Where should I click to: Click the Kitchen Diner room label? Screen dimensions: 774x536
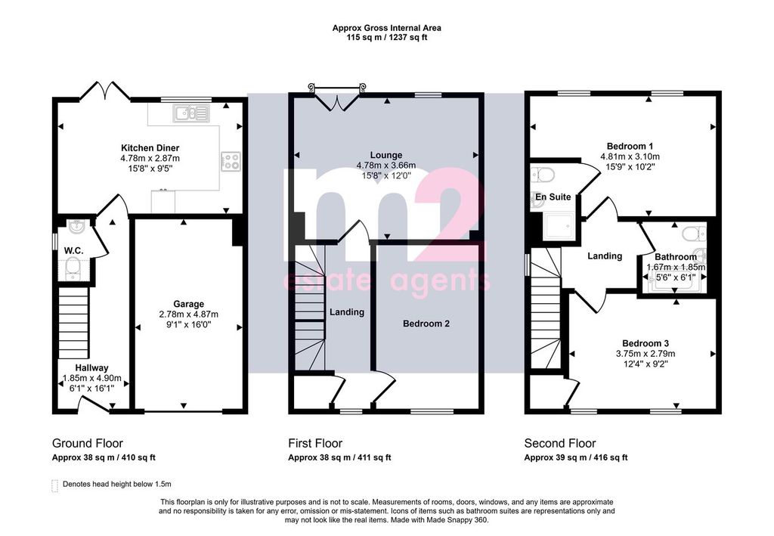pyautogui.click(x=150, y=148)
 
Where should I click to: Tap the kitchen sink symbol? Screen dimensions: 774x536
pyautogui.click(x=191, y=113)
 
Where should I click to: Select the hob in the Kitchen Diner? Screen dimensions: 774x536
pyautogui.click(x=231, y=161)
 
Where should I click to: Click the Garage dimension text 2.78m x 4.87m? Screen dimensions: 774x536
pyautogui.click(x=188, y=314)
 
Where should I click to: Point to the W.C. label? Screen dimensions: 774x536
pyautogui.click(x=73, y=251)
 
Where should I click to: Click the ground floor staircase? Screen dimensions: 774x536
pyautogui.click(x=73, y=324)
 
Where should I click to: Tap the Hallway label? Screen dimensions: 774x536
pyautogui.click(x=91, y=367)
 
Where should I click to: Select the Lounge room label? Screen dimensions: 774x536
pyautogui.click(x=386, y=155)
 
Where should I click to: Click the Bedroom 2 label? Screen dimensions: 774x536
pyautogui.click(x=426, y=324)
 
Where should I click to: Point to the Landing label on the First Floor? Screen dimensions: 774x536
pyautogui.click(x=347, y=312)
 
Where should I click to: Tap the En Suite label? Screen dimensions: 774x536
pyautogui.click(x=553, y=197)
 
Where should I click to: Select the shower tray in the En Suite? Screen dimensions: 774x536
pyautogui.click(x=559, y=227)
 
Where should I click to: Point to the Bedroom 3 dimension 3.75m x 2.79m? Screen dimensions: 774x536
pyautogui.click(x=646, y=354)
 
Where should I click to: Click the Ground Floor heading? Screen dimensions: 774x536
pyautogui.click(x=88, y=443)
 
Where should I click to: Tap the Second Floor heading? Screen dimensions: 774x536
pyautogui.click(x=560, y=443)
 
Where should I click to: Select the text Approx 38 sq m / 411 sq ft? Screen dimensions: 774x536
pyautogui.click(x=339, y=457)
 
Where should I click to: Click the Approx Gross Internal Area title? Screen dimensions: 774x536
pyautogui.click(x=386, y=28)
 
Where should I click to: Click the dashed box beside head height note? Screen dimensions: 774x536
pyautogui.click(x=54, y=485)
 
